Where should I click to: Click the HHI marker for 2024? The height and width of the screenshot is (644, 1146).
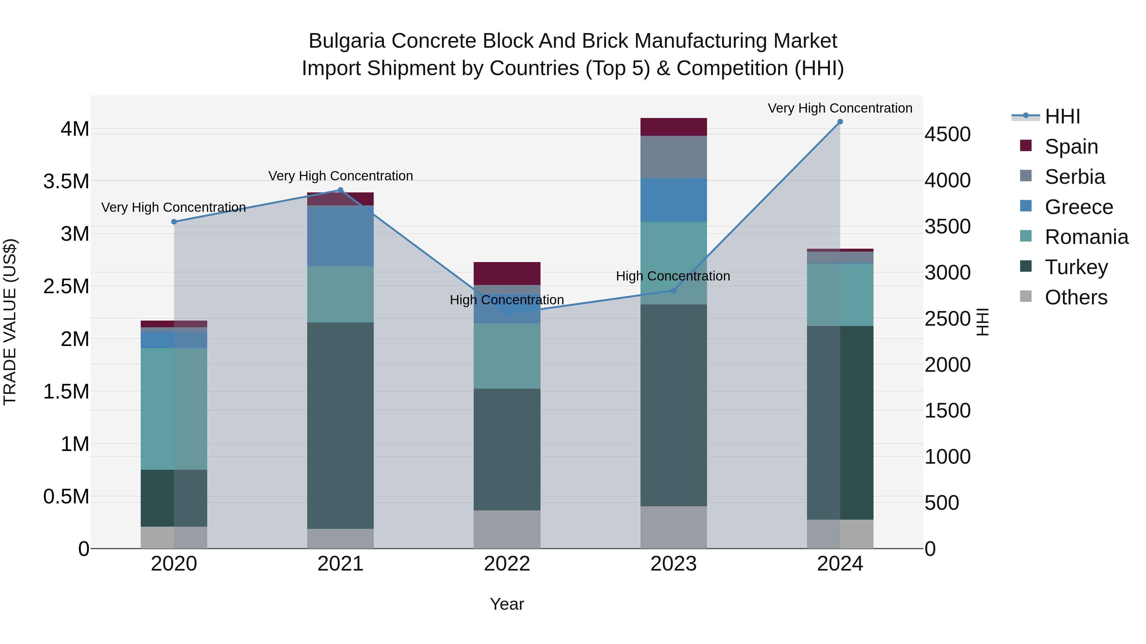tap(840, 122)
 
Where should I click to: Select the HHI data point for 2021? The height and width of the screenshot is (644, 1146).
tap(340, 190)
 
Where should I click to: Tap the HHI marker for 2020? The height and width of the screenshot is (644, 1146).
tap(174, 222)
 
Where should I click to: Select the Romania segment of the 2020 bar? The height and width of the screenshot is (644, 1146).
tap(174, 409)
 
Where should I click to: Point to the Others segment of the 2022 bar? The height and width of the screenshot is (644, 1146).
tap(507, 529)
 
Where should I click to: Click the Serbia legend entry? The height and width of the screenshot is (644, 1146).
tap(1074, 177)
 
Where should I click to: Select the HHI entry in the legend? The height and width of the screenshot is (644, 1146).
tap(1062, 116)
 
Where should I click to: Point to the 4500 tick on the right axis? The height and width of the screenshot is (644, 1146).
tap(948, 134)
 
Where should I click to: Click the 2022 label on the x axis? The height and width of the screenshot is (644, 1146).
tap(507, 564)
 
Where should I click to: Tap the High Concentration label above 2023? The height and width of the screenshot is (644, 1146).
tap(673, 276)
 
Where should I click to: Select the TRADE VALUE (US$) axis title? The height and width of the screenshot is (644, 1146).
tap(10, 322)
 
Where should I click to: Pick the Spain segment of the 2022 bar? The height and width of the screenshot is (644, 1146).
tap(507, 273)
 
